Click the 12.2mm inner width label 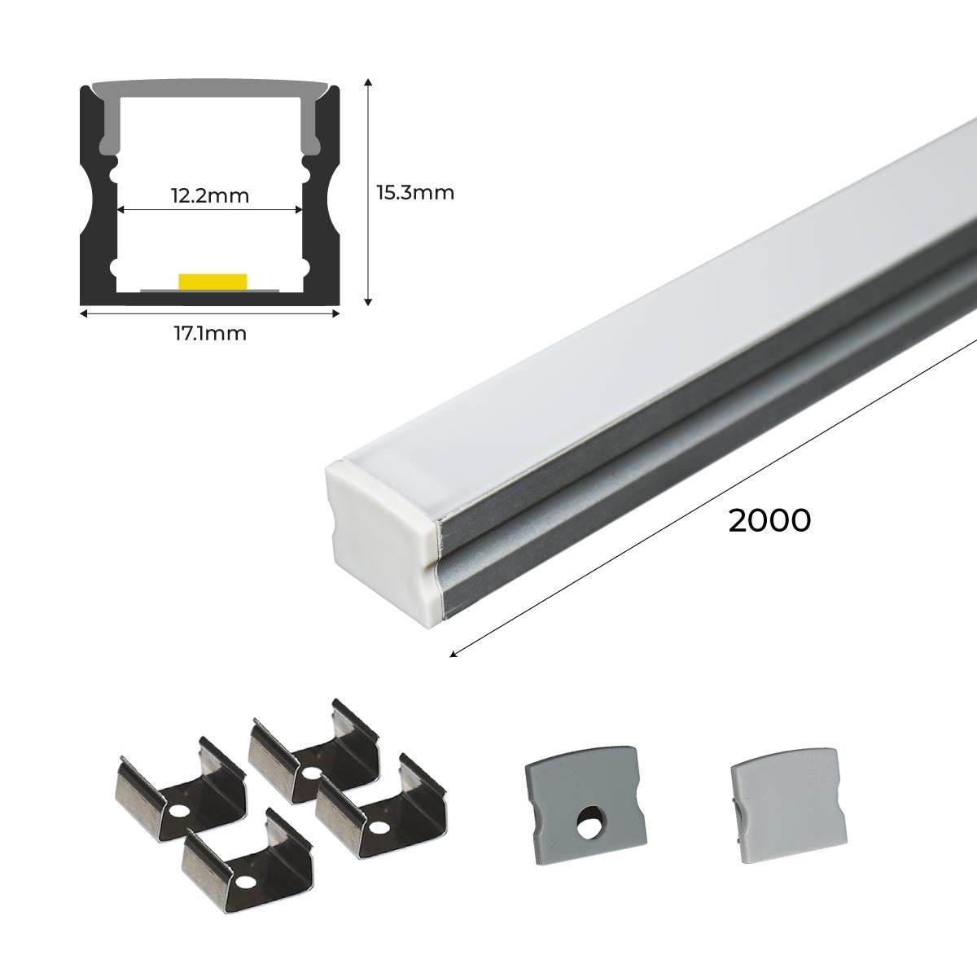209,195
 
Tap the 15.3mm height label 414,193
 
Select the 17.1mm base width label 208,333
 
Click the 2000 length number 769,520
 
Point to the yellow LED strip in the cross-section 212,281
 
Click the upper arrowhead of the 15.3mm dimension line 369,82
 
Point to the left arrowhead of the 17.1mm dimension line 83,310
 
